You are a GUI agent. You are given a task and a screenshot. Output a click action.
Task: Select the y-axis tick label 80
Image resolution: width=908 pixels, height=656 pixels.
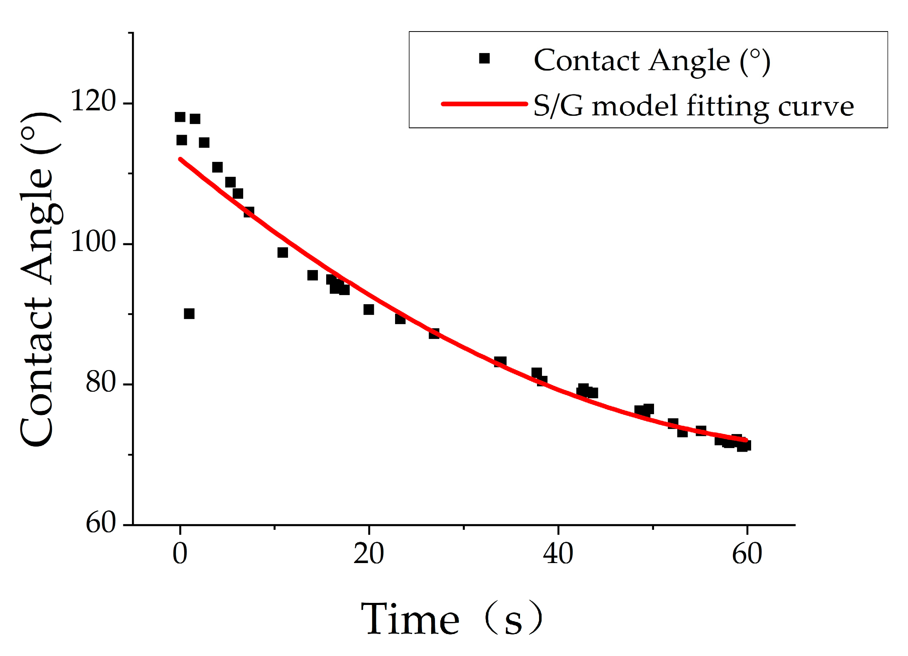pyautogui.click(x=101, y=382)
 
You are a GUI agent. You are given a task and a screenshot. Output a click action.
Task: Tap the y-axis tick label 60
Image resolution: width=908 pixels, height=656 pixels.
pyautogui.click(x=101, y=523)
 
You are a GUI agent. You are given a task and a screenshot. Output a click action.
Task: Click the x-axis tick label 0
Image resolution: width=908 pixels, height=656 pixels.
pyautogui.click(x=180, y=554)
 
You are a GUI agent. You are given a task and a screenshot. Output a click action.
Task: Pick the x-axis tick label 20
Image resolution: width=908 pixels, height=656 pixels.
pyautogui.click(x=369, y=554)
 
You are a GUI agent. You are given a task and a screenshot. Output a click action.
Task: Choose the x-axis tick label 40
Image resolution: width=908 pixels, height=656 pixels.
pyautogui.click(x=558, y=554)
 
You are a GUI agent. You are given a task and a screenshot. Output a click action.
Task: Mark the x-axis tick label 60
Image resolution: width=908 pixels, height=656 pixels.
pyautogui.click(x=747, y=554)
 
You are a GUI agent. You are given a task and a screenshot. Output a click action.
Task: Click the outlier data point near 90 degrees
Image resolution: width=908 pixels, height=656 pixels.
pyautogui.click(x=189, y=314)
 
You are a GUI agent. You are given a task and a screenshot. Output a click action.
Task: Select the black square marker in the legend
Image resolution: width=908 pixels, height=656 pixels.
pyautogui.click(x=484, y=59)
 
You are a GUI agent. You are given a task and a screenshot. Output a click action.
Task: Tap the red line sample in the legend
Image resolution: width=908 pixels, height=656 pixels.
pyautogui.click(x=484, y=104)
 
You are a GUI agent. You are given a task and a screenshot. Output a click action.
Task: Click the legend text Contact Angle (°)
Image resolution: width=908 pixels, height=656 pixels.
pyautogui.click(x=652, y=61)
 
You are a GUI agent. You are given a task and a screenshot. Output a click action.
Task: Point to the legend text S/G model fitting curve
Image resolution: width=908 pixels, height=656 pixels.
pyautogui.click(x=693, y=106)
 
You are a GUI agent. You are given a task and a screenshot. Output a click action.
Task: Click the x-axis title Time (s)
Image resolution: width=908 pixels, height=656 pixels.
pyautogui.click(x=451, y=619)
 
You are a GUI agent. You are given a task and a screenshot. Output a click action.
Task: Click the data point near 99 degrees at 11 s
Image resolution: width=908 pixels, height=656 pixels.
pyautogui.click(x=283, y=252)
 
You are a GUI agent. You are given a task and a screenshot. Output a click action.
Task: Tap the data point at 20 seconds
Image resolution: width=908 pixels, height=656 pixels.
pyautogui.click(x=369, y=310)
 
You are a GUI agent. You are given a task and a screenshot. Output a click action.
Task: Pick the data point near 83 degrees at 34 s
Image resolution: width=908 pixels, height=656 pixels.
pyautogui.click(x=500, y=362)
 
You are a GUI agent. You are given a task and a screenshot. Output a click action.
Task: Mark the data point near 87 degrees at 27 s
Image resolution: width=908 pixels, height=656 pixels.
pyautogui.click(x=434, y=334)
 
